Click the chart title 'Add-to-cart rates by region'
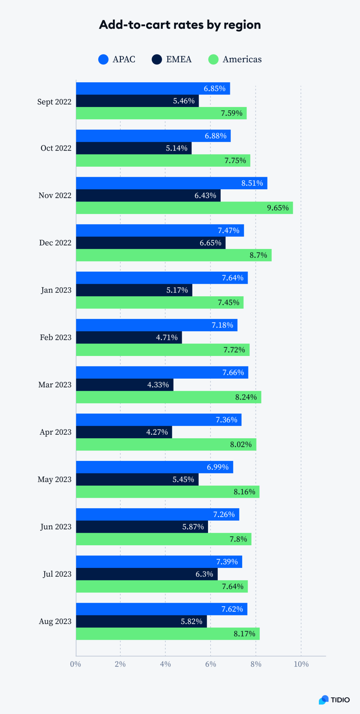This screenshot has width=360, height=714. pos(180,25)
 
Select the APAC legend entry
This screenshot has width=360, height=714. pos(117,59)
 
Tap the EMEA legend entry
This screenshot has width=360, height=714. pos(171,59)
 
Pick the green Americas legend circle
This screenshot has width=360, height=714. pos(213,59)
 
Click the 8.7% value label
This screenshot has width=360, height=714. pos(258,255)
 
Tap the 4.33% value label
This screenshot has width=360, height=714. pos(158,385)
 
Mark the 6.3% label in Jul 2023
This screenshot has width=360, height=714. pos(204,574)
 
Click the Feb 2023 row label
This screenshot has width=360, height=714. pos(55,337)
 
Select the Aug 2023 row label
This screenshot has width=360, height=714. pos(55,622)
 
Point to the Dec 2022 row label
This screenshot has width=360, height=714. pos(55,243)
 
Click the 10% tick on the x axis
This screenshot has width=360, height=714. pos(301,664)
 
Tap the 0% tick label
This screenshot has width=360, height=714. pos(76,664)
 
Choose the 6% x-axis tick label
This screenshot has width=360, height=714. pos(210,664)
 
